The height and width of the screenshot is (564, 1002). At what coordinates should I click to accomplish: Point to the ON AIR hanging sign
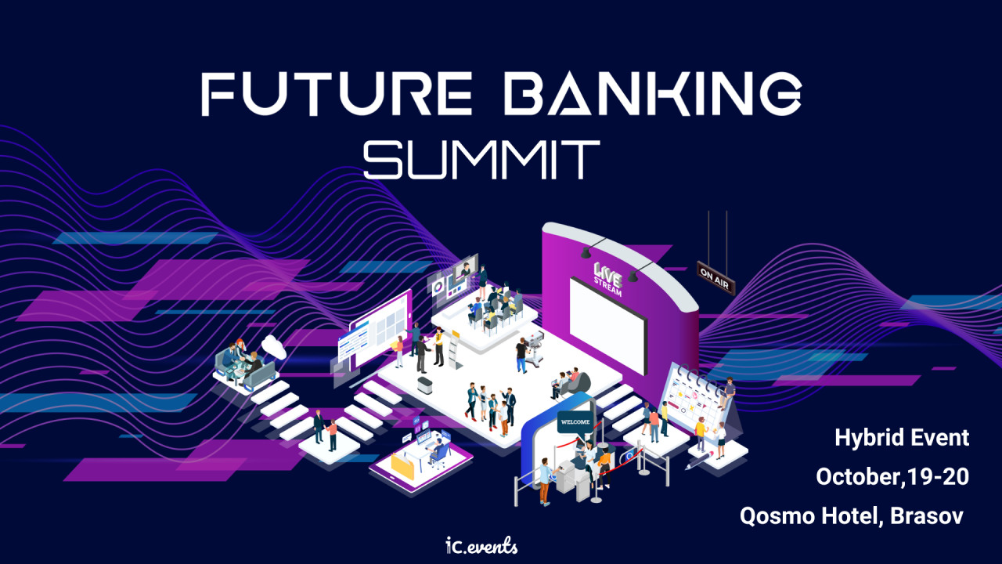pyautogui.click(x=715, y=278)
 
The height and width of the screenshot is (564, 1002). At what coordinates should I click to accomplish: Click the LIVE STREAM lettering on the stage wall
pyautogui.click(x=607, y=280)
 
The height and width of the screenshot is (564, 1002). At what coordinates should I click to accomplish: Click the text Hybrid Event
pyautogui.click(x=902, y=438)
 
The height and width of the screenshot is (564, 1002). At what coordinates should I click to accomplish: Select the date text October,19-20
pyautogui.click(x=892, y=476)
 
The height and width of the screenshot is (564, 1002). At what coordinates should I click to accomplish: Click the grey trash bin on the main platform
pyautogui.click(x=425, y=385)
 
